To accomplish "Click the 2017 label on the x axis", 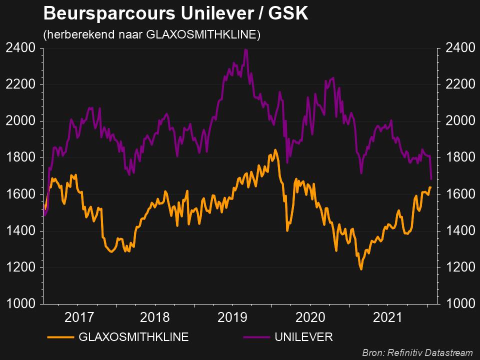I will point(78,317).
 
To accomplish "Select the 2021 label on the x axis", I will point(388,317).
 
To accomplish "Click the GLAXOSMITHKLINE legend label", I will point(133,337).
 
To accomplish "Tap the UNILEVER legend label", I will point(303,337).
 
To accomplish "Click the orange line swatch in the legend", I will point(60,337).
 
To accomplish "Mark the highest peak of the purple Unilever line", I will point(245,49).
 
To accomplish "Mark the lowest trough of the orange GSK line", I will point(360,269).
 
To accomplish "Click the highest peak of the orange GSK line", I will point(275,149).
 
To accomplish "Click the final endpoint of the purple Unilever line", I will point(431,178).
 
